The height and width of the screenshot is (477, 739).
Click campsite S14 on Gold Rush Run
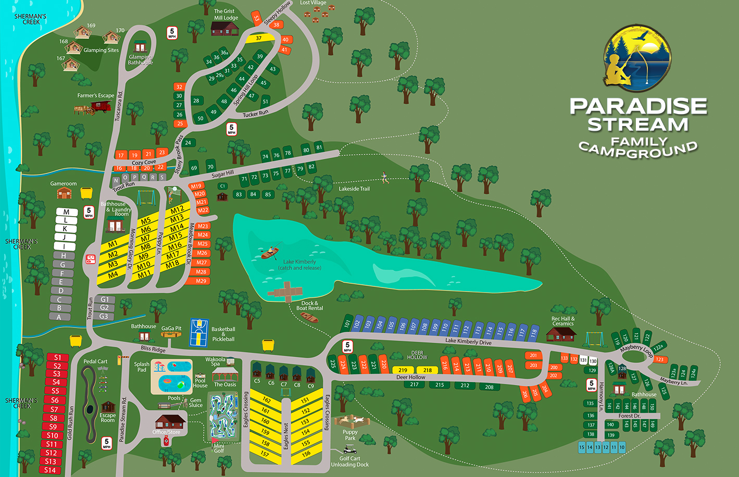[x=50, y=470]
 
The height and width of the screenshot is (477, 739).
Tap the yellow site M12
[x=178, y=210]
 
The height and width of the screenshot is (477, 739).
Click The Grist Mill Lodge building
[x=225, y=28]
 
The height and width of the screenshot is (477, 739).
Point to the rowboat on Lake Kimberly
[x=268, y=254]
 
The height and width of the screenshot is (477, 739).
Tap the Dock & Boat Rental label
[x=309, y=306]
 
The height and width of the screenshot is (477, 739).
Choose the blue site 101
[x=347, y=323]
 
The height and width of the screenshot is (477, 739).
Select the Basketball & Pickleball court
[x=198, y=332]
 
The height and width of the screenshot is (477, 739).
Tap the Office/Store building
[x=170, y=421]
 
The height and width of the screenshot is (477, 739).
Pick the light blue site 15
[x=582, y=447]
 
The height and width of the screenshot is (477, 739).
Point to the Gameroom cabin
[x=64, y=193]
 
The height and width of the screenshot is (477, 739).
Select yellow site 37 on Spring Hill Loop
[x=259, y=38]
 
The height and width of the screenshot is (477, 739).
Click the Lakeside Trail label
[x=354, y=189]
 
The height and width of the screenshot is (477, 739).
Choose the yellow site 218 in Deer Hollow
[x=428, y=370]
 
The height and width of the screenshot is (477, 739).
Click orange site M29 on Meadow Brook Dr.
[x=201, y=281]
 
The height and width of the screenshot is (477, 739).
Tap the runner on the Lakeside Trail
[x=384, y=178]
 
